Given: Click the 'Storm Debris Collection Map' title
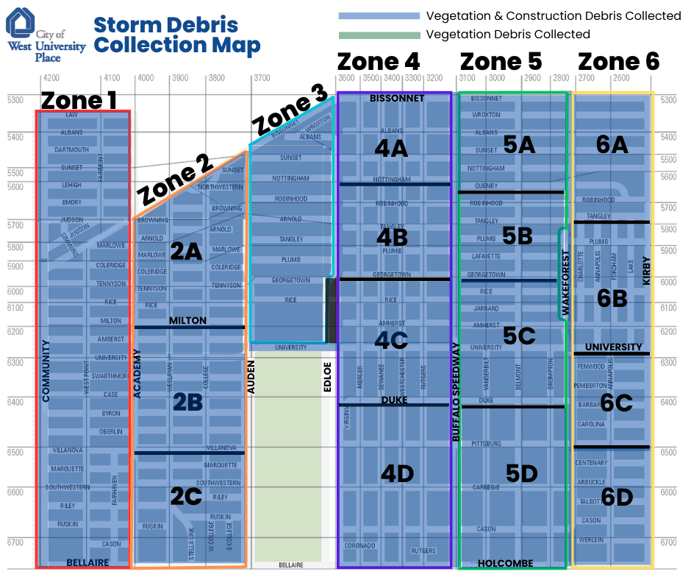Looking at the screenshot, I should (x=177, y=35).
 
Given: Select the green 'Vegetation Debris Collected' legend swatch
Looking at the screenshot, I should (x=379, y=35).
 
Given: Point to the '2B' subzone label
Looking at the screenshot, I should (x=188, y=402).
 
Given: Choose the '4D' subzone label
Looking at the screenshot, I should (x=398, y=474).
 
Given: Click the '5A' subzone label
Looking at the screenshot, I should (x=519, y=145).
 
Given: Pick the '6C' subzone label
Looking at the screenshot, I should (x=616, y=402).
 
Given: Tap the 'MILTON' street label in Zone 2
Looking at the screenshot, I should (x=187, y=321).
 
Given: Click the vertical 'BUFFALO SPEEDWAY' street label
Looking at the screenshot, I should (x=456, y=392).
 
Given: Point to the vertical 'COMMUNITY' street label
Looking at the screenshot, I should (x=46, y=370).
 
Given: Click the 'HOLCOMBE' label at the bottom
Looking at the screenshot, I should (x=505, y=563).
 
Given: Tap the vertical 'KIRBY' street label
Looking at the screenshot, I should (x=647, y=271).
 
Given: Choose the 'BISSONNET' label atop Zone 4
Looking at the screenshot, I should (x=397, y=98).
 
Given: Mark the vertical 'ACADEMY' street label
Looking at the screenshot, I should (x=137, y=373).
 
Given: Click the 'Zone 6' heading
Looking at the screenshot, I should (x=619, y=62).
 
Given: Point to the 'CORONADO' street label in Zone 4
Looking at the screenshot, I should (x=359, y=545).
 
